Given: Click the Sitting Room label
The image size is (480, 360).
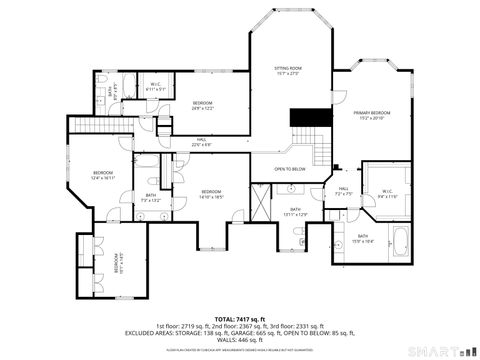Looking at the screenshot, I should (x=288, y=70).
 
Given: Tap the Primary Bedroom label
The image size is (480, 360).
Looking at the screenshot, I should (x=371, y=115).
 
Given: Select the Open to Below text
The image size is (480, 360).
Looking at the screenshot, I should (x=289, y=169).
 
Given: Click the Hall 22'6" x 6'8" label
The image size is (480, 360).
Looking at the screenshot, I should (x=201, y=141).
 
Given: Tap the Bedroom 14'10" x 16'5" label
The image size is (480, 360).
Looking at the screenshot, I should (x=210, y=194).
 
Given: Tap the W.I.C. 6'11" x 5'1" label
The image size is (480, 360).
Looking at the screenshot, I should (x=156, y=86).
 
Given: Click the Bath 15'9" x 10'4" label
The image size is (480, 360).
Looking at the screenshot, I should (x=363, y=238).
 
